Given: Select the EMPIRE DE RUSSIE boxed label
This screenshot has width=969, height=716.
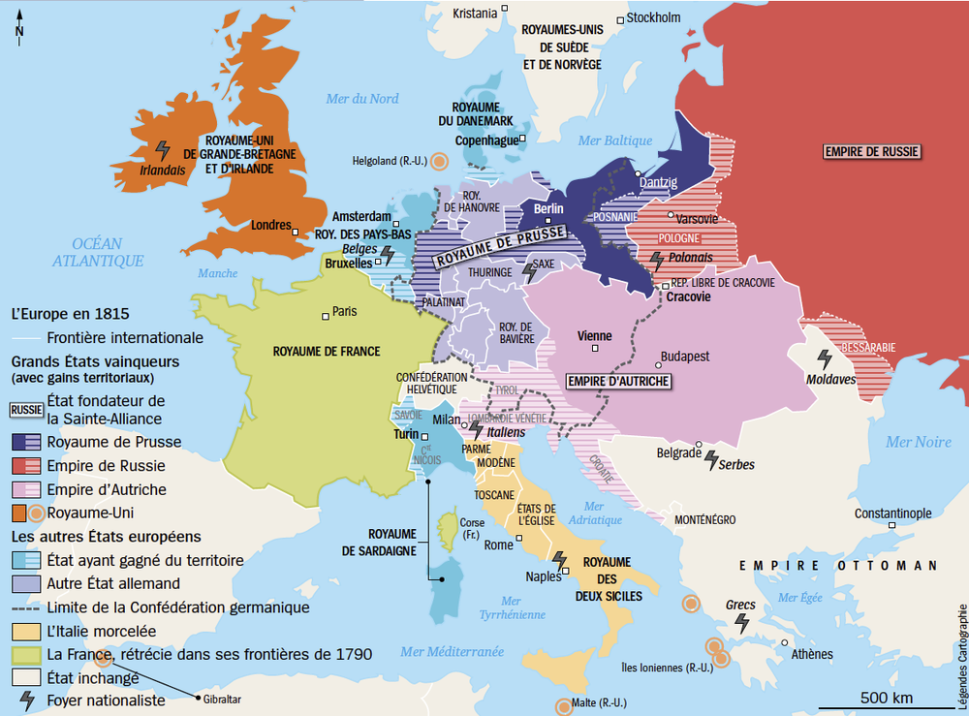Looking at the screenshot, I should [871, 151].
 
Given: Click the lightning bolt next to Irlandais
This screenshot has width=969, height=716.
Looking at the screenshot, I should [163, 150].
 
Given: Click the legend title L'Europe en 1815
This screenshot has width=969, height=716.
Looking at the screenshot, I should [70, 315].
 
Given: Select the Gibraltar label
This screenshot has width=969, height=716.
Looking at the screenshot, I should [224, 700].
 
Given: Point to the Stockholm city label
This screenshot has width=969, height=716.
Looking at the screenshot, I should [653, 17].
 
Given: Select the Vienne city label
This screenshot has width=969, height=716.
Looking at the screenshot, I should [594, 336].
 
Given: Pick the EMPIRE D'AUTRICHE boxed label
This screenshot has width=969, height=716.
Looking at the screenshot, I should [618, 381].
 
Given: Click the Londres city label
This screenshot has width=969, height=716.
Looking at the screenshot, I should [270, 226].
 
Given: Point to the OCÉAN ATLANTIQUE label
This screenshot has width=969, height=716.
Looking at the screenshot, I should [98, 252].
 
